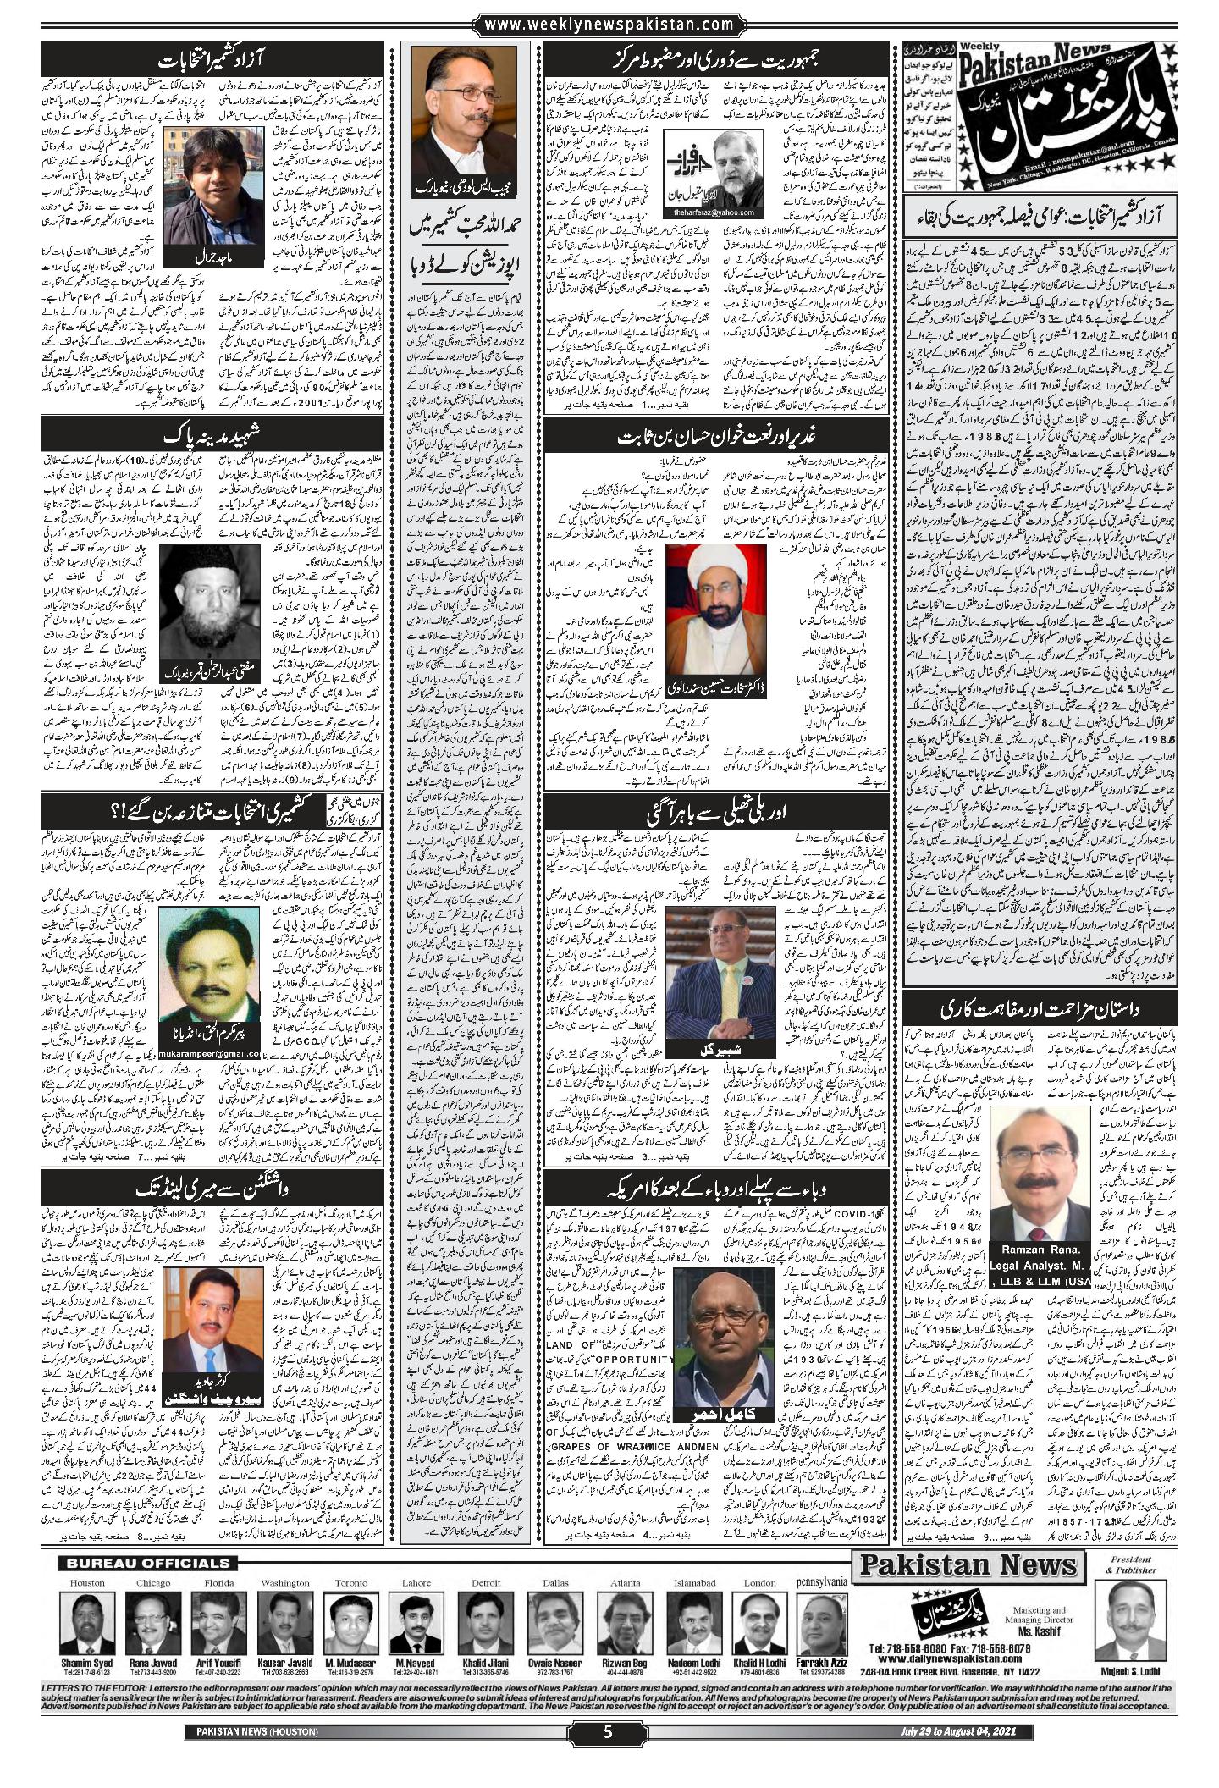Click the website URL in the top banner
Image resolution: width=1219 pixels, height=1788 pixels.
609,25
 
